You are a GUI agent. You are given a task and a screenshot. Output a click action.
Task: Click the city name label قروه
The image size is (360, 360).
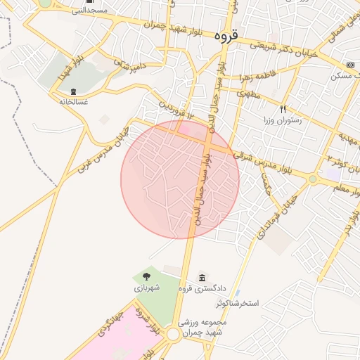(226, 34)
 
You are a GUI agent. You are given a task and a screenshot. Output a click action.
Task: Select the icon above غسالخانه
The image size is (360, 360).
(74, 92)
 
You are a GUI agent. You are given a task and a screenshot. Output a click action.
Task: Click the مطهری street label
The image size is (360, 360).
(252, 93)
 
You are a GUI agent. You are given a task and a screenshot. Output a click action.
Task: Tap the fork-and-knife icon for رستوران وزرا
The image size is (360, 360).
(283, 109)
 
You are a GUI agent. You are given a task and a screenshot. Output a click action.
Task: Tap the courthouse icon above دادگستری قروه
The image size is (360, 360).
(203, 276)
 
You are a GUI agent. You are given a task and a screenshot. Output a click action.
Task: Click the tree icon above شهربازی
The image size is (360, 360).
(147, 276)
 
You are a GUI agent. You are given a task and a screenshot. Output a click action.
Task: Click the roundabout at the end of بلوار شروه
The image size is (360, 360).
(173, 335)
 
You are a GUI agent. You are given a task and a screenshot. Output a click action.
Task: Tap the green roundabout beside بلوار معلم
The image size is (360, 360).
(312, 179)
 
